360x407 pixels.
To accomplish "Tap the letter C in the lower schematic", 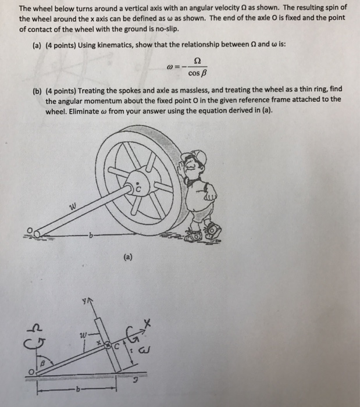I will point(116,345).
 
